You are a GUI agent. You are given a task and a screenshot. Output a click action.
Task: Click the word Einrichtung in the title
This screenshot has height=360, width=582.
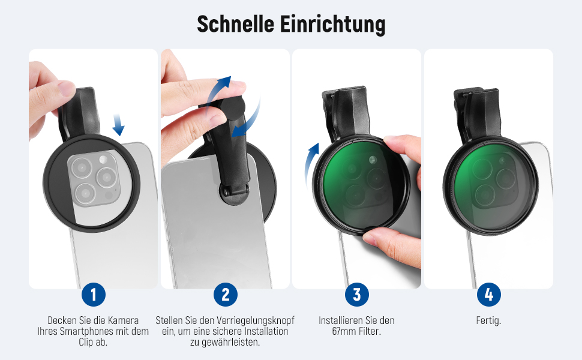(332, 25)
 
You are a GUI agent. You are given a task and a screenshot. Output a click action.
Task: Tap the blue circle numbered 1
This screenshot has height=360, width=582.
(93, 295)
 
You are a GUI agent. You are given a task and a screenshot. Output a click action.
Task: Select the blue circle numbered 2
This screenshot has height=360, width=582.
(226, 295)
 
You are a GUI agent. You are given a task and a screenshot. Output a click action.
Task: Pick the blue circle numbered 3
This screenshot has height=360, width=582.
(356, 295)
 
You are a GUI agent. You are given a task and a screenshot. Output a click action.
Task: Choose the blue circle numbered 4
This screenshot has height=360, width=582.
(489, 295)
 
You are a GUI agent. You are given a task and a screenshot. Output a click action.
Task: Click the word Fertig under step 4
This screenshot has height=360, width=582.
(488, 320)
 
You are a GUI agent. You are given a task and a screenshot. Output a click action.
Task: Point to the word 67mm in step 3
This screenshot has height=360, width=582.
(344, 331)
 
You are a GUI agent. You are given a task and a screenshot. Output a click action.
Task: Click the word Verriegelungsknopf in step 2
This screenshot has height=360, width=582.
(256, 320)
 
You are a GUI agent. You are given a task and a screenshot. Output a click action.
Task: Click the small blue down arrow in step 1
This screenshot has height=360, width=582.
(118, 125)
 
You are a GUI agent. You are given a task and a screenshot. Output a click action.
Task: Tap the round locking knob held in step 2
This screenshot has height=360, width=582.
(232, 107)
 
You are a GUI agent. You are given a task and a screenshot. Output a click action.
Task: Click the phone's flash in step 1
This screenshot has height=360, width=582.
(103, 160)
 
